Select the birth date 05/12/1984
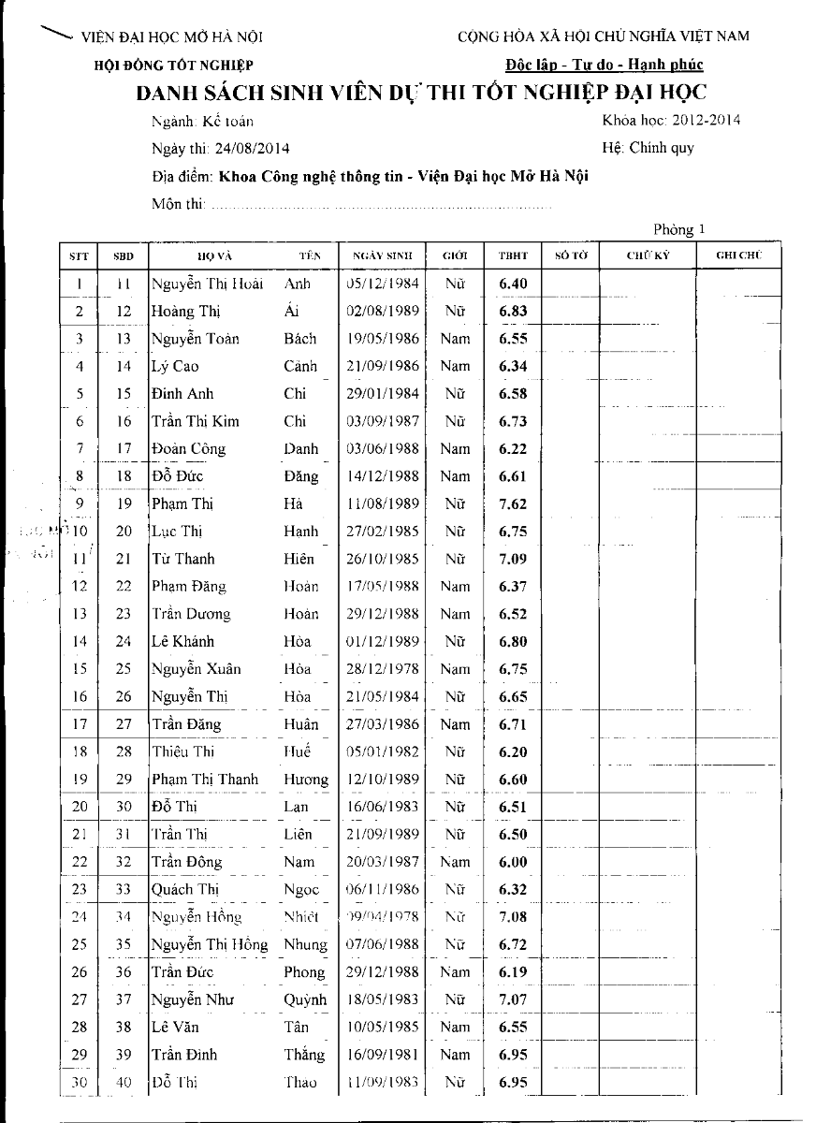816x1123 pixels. click(382, 284)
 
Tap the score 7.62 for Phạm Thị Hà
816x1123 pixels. click(513, 503)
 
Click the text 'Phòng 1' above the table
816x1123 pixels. click(679, 229)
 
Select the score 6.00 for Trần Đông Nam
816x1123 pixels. click(513, 862)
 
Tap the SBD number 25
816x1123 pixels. click(124, 669)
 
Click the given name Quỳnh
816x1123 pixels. click(305, 999)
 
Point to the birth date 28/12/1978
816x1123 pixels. click(382, 669)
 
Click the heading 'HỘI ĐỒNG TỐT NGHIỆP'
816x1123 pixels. click(174, 65)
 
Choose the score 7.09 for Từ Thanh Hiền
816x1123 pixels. click(513, 559)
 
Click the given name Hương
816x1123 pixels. click(306, 780)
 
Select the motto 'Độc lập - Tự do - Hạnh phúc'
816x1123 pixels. click(604, 65)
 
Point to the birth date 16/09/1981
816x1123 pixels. click(382, 1055)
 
